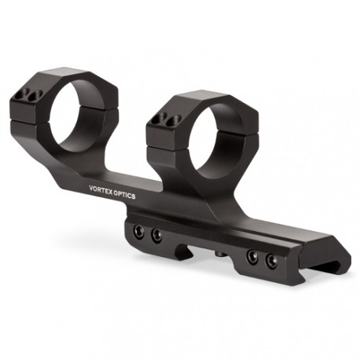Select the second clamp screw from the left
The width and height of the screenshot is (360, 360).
[x=156, y=235]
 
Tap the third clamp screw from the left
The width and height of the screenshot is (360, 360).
[x=252, y=255]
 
